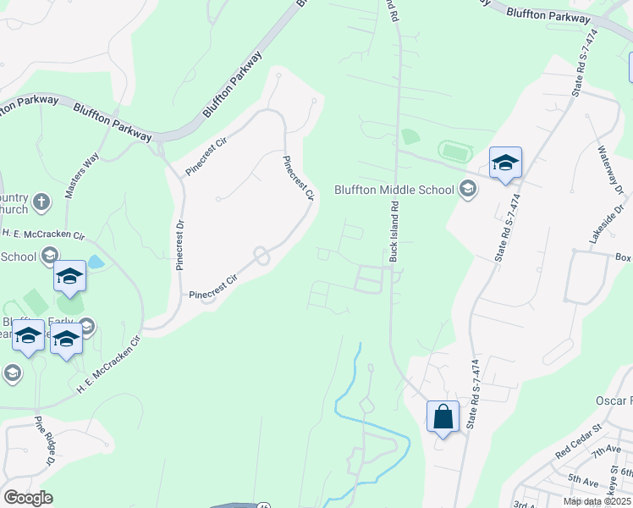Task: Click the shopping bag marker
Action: point(443,417)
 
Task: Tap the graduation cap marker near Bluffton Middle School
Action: point(505,163)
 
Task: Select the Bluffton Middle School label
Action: point(394,190)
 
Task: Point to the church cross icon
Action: point(44,202)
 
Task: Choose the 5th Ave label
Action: point(584,479)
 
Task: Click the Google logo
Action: point(28,498)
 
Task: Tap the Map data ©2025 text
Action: point(596,501)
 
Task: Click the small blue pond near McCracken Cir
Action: point(96,262)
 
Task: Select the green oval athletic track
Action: point(455,152)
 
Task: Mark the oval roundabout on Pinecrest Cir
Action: point(261,255)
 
